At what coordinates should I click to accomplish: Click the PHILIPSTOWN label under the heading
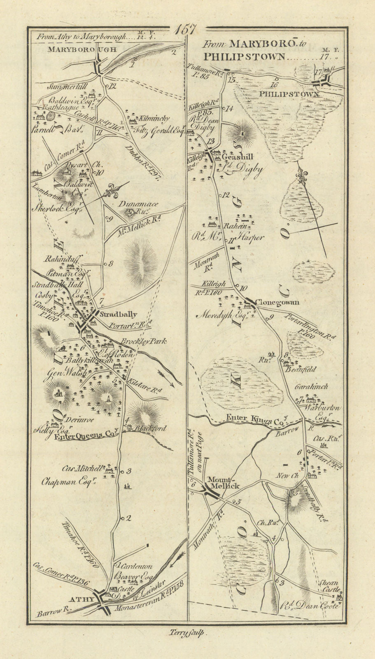[289, 94]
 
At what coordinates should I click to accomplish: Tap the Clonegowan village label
[277, 302]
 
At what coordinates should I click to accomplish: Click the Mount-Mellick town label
[224, 483]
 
